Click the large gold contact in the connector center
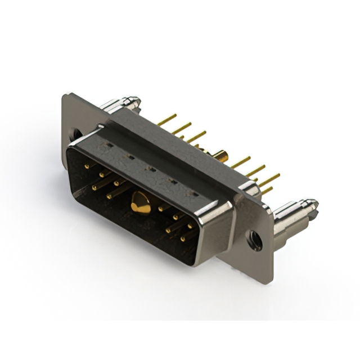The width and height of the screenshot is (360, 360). pos(140,203)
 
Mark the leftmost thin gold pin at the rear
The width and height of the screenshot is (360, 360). pos(165,121)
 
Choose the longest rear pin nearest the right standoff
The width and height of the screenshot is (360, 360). pos(269,181)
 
